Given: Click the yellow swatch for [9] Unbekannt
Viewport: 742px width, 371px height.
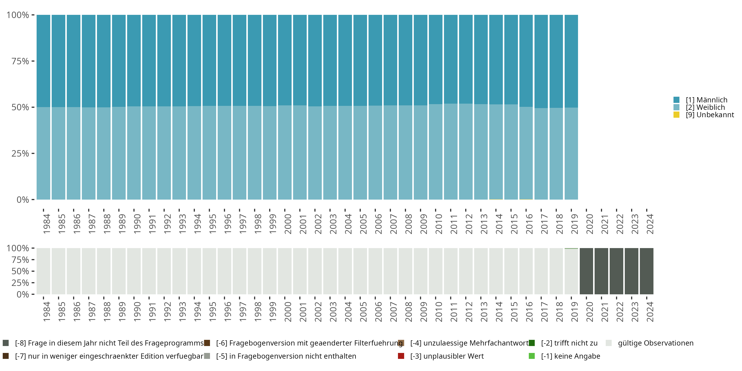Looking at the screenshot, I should pyautogui.click(x=676, y=115).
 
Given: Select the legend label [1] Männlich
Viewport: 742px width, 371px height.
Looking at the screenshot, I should pyautogui.click(x=706, y=100).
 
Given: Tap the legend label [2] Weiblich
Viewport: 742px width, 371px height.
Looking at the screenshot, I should pyautogui.click(x=705, y=107).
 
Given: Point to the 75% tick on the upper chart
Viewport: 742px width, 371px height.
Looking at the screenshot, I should pyautogui.click(x=33, y=61).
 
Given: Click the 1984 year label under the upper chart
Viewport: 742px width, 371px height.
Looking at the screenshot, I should pyautogui.click(x=47, y=224).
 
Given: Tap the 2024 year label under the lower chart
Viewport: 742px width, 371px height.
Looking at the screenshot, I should pyautogui.click(x=650, y=312).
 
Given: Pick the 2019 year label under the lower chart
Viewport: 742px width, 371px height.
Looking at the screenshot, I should pyautogui.click(x=575, y=312).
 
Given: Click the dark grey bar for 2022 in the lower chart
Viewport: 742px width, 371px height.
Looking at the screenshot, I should pyautogui.click(x=616, y=271).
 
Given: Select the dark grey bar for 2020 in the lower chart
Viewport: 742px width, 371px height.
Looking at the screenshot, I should pyautogui.click(x=586, y=271).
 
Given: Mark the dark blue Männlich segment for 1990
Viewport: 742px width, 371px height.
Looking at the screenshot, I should pyautogui.click(x=134, y=61).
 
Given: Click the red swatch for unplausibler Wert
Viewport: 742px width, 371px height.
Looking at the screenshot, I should pyautogui.click(x=401, y=356).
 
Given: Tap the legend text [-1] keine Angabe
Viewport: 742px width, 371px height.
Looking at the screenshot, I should pyautogui.click(x=570, y=356).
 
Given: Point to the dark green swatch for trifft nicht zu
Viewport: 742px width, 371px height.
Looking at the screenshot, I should pyautogui.click(x=532, y=343).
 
